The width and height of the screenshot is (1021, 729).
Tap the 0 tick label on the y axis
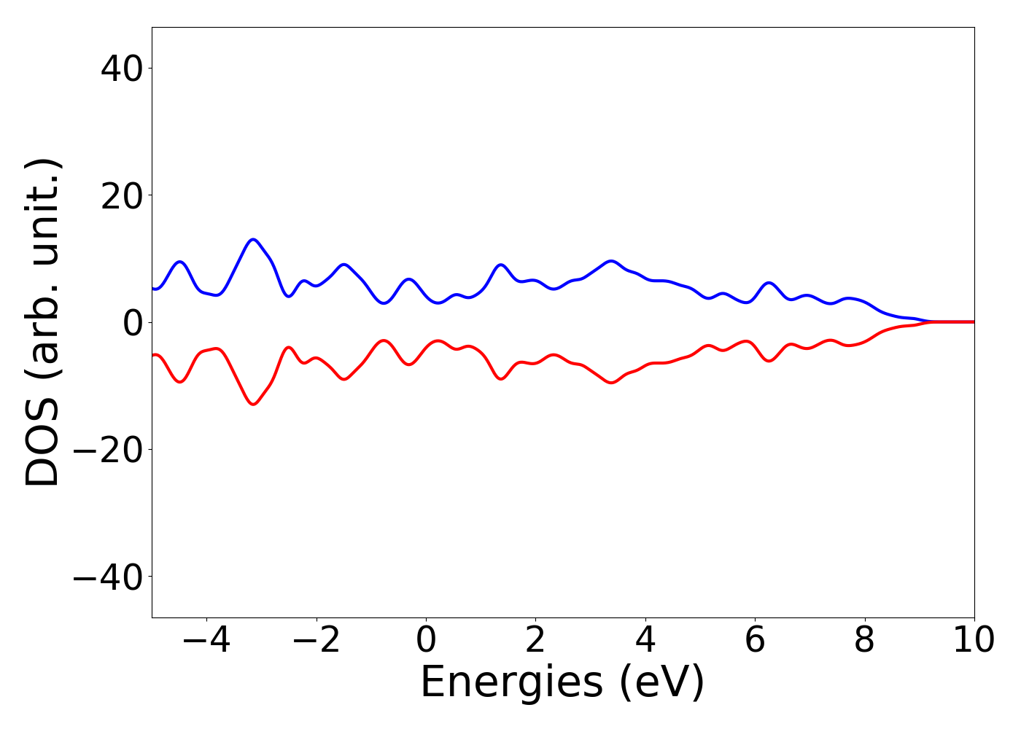tap(132, 323)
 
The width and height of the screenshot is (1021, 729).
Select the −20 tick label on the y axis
tap(107, 450)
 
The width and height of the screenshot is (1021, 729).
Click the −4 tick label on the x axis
tap(206, 641)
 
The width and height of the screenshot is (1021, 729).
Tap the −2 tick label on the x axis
tap(316, 641)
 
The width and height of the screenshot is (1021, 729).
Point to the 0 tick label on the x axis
tap(426, 641)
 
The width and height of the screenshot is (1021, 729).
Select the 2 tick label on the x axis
tap(535, 641)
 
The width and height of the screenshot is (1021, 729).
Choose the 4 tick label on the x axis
tap(645, 641)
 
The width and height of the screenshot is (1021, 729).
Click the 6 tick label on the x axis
tap(755, 641)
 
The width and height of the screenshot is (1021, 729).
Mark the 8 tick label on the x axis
tap(864, 641)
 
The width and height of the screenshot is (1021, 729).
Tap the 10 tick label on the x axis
tap(974, 641)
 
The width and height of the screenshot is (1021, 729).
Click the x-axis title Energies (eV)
tap(562, 683)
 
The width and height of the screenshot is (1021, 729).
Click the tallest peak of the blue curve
tap(253, 239)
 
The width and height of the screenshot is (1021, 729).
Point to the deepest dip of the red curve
tap(253, 404)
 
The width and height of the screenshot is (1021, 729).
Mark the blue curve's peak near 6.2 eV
tap(769, 283)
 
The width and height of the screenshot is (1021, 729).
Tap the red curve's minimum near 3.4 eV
tap(611, 383)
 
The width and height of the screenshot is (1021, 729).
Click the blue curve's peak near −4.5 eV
tap(180, 262)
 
